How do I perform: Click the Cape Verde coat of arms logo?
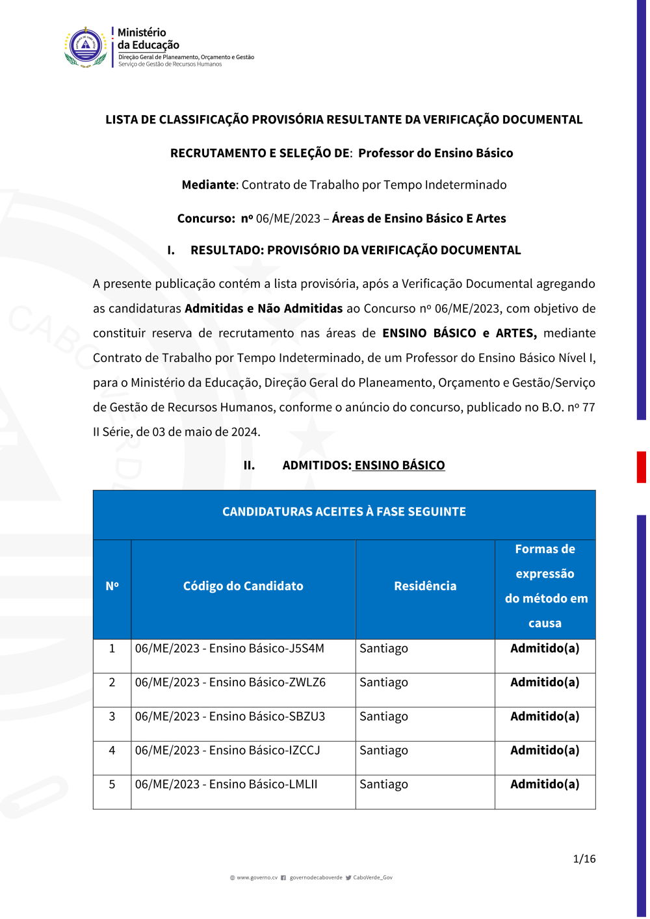[86, 47]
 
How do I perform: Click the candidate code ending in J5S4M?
[229, 649]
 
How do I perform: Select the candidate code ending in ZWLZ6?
[230, 682]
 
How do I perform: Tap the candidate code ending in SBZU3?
[230, 716]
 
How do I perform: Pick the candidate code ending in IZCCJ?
[227, 751]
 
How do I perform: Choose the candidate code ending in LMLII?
[226, 784]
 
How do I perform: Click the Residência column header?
[425, 586]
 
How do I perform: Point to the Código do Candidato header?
[243, 586]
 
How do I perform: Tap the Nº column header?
[112, 586]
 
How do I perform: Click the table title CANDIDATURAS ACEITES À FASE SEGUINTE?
[344, 512]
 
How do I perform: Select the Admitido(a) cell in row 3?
[545, 716]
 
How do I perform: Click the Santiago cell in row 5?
[383, 784]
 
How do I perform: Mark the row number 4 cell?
[112, 751]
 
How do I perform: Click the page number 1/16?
[584, 859]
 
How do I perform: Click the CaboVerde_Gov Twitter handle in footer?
[372, 878]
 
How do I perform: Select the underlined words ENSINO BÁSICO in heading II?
[400, 465]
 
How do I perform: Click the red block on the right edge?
[641, 467]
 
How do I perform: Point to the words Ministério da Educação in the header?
[148, 39]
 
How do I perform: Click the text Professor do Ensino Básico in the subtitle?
[435, 153]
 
